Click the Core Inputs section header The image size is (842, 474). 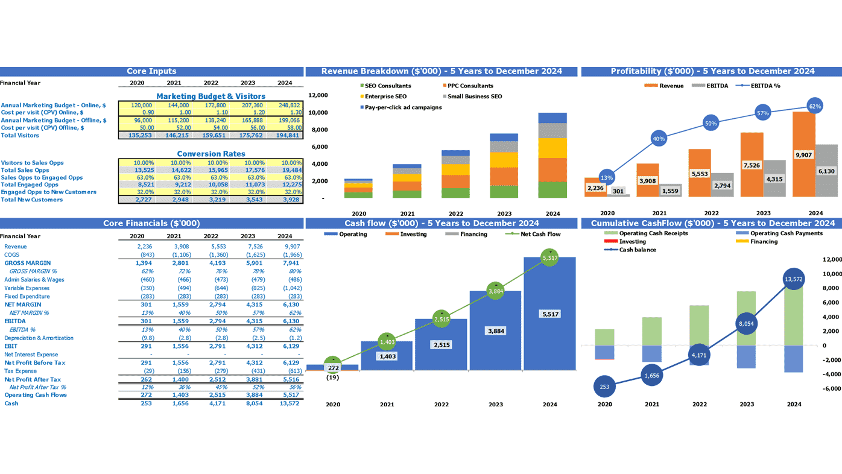tap(151, 71)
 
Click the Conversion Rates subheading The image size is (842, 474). tap(210, 154)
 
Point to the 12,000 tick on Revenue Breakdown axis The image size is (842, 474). tap(318, 95)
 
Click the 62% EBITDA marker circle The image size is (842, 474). tap(815, 106)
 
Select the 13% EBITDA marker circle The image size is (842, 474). tap(607, 178)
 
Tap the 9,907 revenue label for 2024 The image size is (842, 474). tap(803, 155)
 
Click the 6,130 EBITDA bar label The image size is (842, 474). tap(826, 171)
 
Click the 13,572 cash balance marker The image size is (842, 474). tap(794, 279)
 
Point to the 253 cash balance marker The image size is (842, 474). tap(604, 387)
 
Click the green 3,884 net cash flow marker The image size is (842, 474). tap(495, 291)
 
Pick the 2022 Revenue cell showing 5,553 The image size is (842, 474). tap(210, 247)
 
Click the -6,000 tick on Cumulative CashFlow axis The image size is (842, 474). tap(831, 389)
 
